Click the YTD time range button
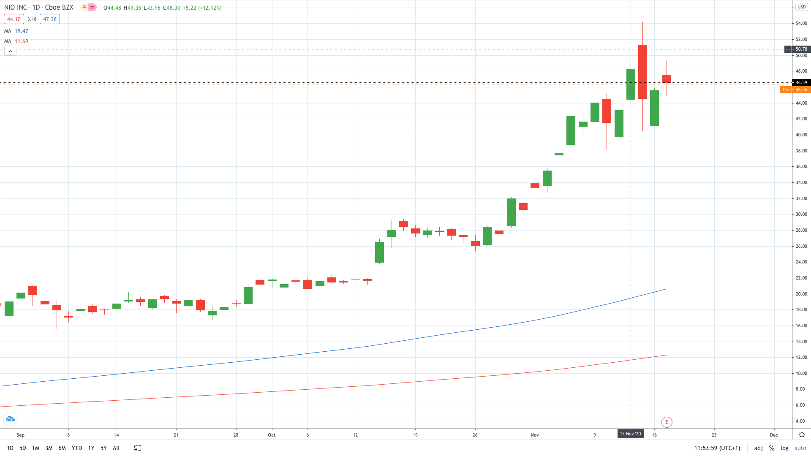coord(76,448)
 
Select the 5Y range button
coord(103,448)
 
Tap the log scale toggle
coord(784,448)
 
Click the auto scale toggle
coord(800,448)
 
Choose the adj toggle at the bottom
coord(758,448)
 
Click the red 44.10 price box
coord(14,19)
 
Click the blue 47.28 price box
coord(50,19)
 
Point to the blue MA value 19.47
coord(22,31)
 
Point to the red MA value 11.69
coord(22,41)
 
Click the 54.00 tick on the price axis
coord(801,23)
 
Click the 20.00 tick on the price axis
coord(801,294)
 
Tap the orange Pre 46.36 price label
coord(795,90)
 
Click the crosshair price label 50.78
coord(801,49)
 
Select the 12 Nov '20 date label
coord(630,434)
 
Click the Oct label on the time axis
coord(272,435)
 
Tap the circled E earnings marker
coord(667,422)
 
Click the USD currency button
coord(801,7)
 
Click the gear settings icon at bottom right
coord(802,434)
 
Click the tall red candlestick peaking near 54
coord(642,72)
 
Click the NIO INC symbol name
coord(16,8)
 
